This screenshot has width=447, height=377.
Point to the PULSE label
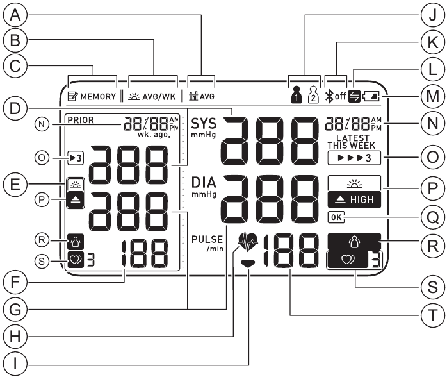(205, 239)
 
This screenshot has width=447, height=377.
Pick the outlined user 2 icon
(313, 97)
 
